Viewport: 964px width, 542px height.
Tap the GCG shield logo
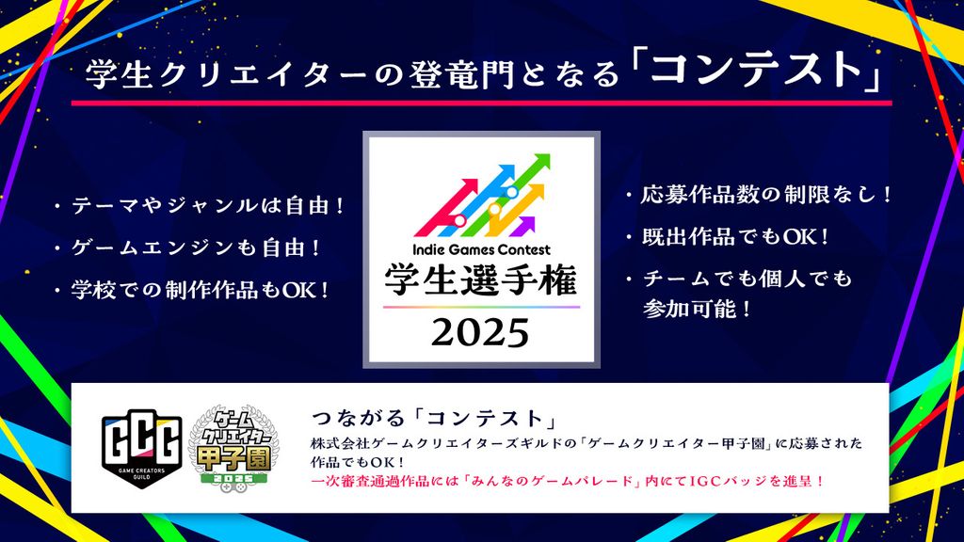click(x=141, y=448)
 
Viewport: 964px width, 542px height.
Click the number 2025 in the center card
click(x=480, y=333)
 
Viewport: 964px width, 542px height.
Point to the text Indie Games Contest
click(x=481, y=249)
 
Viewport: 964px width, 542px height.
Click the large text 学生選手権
click(x=481, y=279)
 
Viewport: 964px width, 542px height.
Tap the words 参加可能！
click(x=698, y=309)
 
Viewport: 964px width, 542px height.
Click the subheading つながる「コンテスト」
click(x=435, y=419)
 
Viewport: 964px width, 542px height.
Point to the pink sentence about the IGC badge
click(x=568, y=481)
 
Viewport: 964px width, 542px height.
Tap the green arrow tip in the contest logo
click(x=542, y=160)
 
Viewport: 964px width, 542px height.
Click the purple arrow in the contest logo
click(x=521, y=226)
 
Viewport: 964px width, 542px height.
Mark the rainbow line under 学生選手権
click(x=481, y=307)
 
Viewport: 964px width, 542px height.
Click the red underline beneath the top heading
click(x=481, y=103)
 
